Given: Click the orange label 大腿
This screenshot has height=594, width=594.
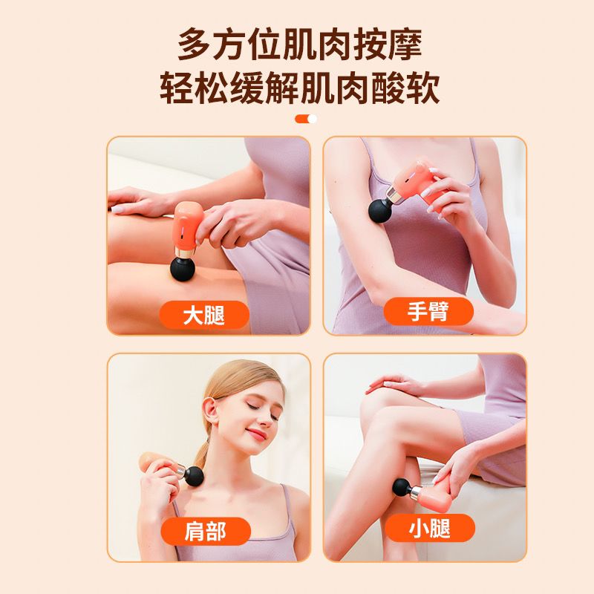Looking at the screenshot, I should pos(204,315).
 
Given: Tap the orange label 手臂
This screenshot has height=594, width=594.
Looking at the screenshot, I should pos(428,311).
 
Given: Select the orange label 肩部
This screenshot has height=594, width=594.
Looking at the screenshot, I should pos(205,531).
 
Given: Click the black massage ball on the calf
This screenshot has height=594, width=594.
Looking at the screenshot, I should pos(402,488).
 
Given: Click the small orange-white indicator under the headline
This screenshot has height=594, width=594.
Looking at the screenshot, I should pos(305,119).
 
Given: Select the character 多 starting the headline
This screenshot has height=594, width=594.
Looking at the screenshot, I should pos(195,45).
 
